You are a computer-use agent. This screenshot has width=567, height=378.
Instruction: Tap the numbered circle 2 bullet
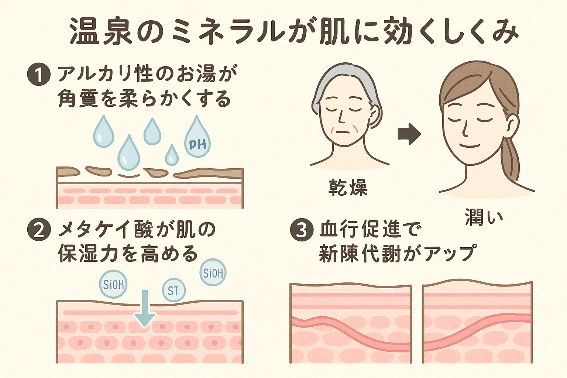coord(38,230)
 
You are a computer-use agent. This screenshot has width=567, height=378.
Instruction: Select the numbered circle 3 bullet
coord(302,230)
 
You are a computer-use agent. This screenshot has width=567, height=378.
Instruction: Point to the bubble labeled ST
coord(173,290)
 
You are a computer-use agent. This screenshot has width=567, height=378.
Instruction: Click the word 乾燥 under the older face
coord(348,188)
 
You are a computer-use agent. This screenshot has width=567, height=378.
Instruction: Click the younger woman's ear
coord(512,124)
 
